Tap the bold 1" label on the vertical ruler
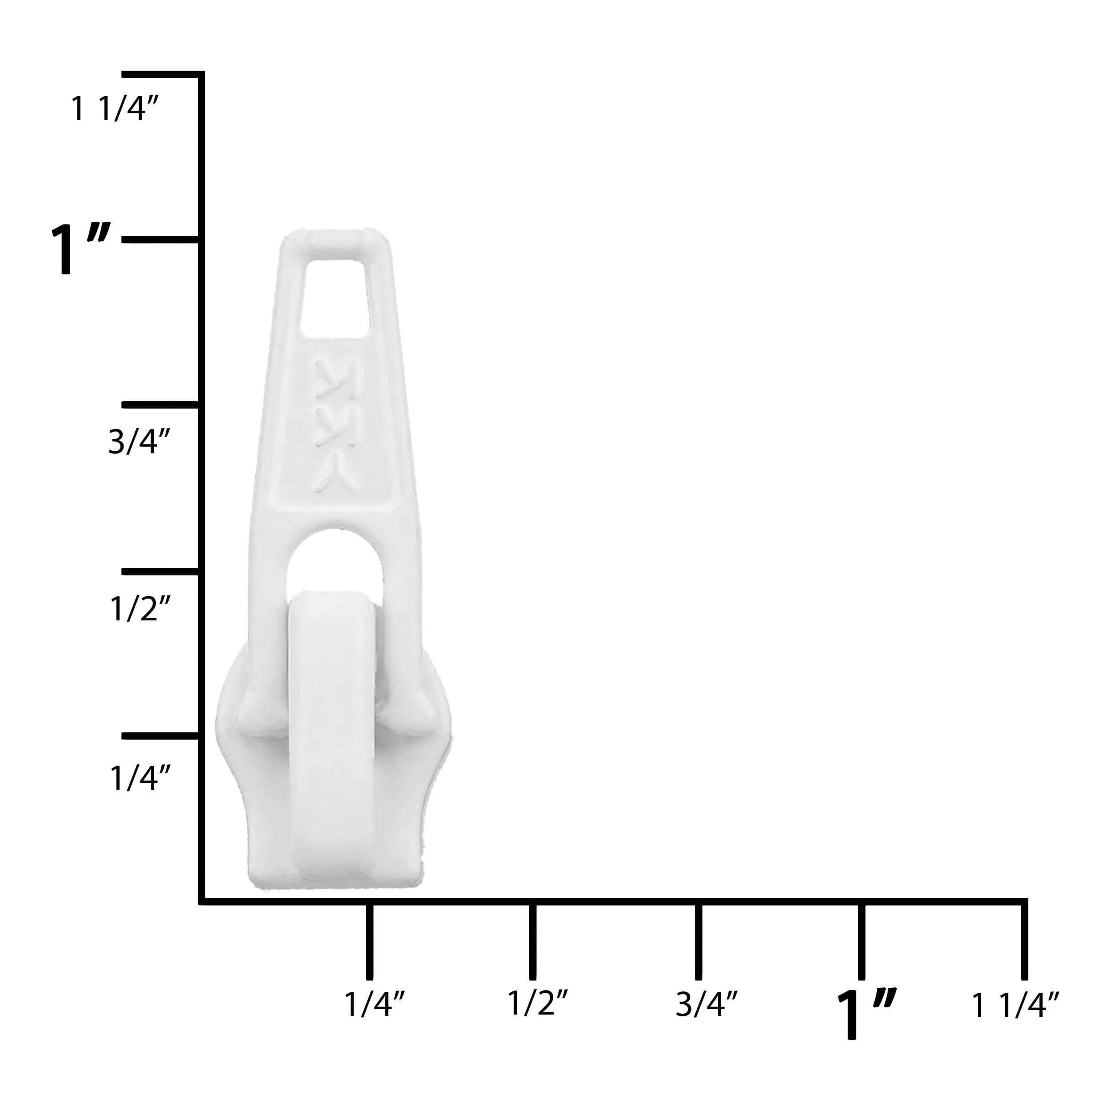click(80, 248)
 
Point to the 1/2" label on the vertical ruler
click(140, 608)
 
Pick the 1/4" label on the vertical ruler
click(140, 777)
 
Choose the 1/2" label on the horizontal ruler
click(538, 1003)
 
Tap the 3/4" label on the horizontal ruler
click(706, 1004)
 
